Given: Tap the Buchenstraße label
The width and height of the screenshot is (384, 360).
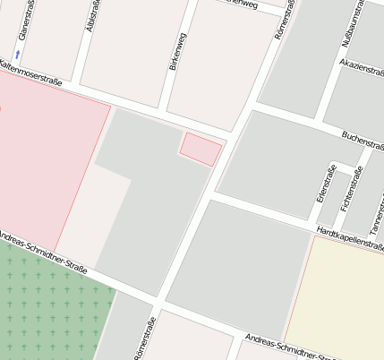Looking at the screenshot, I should (x=363, y=141).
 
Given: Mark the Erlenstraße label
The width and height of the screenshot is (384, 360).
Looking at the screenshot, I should (x=326, y=183).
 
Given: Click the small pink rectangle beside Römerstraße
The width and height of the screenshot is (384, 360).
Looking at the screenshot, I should (x=201, y=148).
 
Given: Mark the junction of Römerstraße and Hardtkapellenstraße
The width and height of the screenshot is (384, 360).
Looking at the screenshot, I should (x=211, y=195).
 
